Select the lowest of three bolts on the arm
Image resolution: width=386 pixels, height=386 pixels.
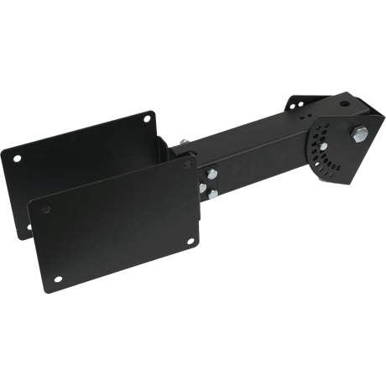213,197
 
